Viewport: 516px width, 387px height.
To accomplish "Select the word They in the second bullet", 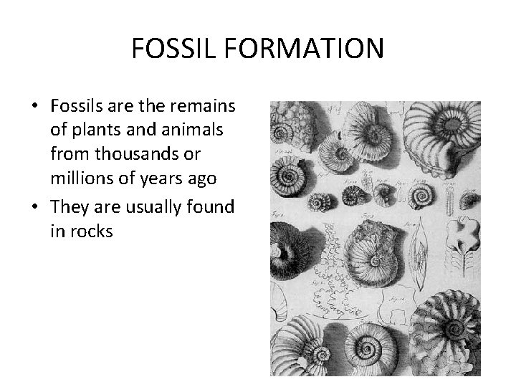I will (x=68, y=207).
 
